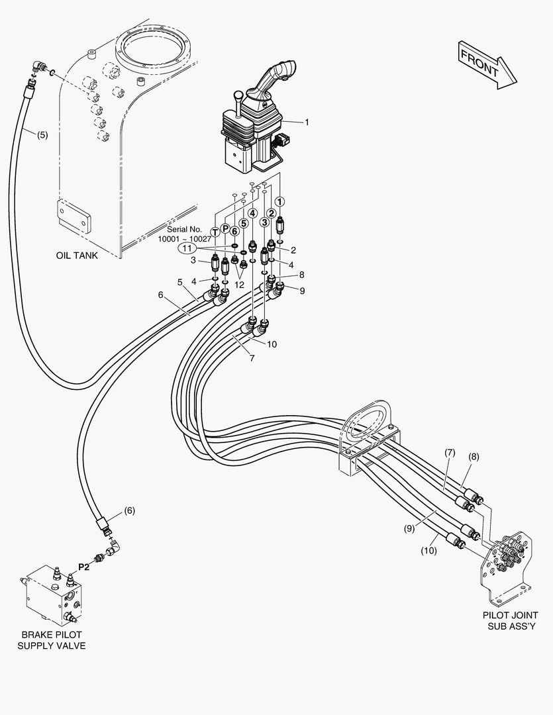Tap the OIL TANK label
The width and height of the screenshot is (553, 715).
click(x=75, y=256)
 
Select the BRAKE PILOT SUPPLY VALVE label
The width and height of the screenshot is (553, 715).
click(x=52, y=640)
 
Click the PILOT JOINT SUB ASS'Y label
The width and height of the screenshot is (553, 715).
click(x=510, y=620)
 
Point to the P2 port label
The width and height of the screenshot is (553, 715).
click(x=84, y=567)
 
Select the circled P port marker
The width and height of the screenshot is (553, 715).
click(x=225, y=228)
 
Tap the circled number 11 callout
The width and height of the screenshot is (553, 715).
click(x=187, y=249)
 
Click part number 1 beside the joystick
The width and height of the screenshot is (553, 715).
click(x=307, y=122)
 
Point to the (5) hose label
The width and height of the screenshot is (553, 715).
click(x=41, y=135)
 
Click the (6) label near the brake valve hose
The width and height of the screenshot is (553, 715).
click(x=130, y=510)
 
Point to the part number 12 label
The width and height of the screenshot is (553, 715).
click(x=239, y=285)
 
